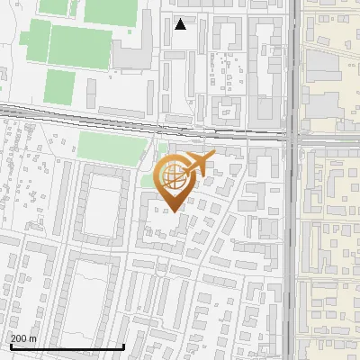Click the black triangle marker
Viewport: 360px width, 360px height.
(x=181, y=24)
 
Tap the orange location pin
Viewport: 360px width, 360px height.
(x=175, y=180)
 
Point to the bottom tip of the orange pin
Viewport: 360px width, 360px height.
(x=175, y=212)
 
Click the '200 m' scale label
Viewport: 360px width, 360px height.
(x=24, y=337)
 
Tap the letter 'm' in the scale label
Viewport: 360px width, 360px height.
(x=32, y=337)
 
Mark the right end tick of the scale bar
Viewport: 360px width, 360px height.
(x=123, y=345)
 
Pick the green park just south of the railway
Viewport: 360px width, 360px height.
(x=112, y=147)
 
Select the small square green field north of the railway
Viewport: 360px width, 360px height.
(x=59, y=86)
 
